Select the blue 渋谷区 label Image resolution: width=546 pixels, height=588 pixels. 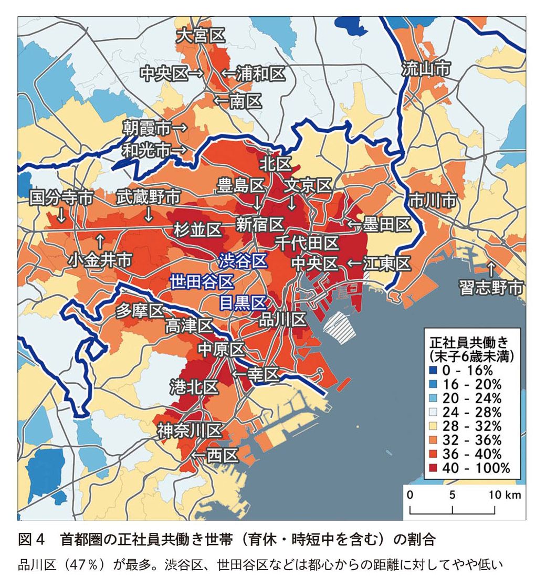[243, 260]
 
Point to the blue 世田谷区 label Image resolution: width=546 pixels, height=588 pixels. [202, 281]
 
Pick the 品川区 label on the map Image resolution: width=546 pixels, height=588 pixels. [283, 319]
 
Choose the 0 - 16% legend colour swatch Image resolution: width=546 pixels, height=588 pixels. [434, 370]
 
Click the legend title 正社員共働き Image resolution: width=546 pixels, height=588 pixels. [467, 341]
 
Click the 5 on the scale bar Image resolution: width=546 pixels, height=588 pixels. [452, 495]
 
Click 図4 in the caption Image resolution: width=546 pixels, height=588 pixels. [33, 539]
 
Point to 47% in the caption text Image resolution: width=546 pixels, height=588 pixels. [87, 565]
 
